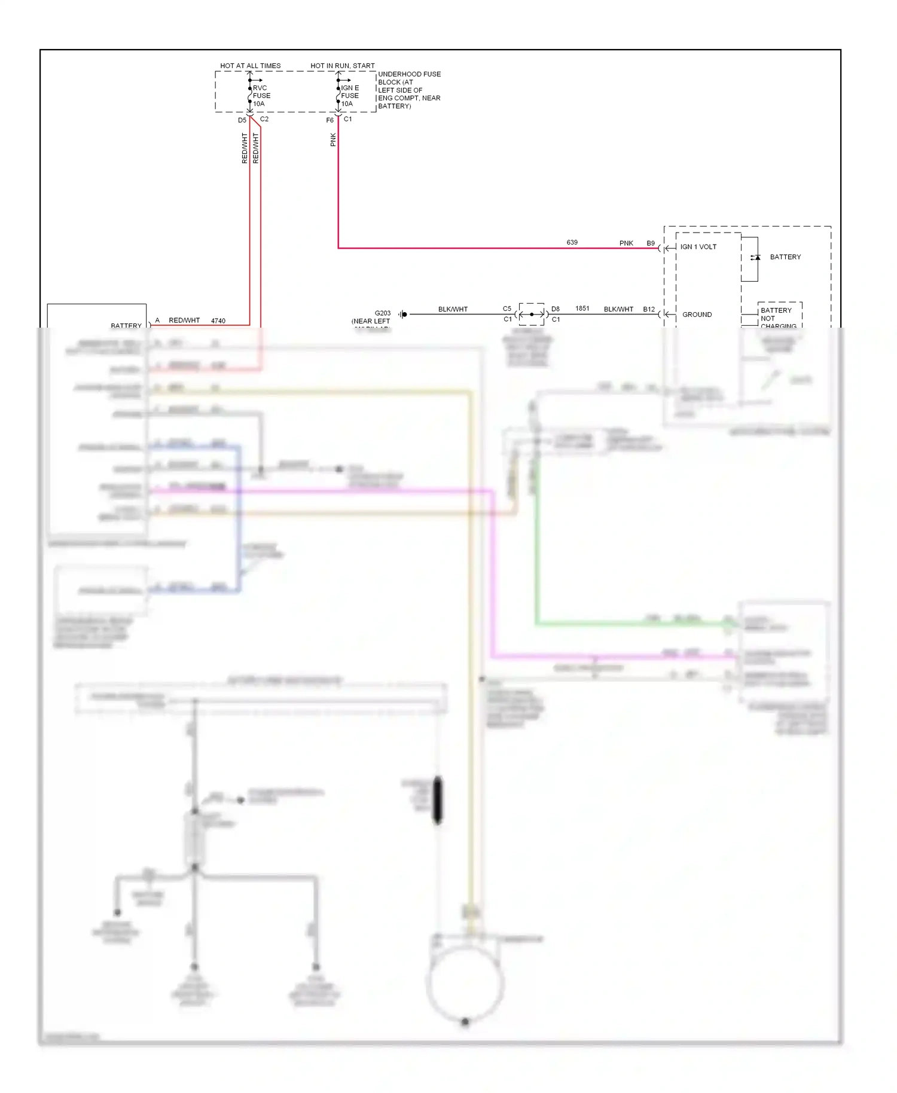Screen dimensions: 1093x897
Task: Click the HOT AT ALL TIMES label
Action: click(x=250, y=66)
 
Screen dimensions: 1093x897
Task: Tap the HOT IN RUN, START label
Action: click(x=343, y=66)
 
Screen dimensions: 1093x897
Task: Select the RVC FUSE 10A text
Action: click(x=261, y=96)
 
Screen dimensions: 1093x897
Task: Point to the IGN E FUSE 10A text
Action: click(x=350, y=96)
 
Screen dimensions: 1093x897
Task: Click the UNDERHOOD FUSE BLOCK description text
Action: click(x=409, y=90)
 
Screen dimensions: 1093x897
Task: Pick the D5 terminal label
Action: click(x=242, y=120)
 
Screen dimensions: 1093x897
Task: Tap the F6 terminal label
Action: click(x=329, y=120)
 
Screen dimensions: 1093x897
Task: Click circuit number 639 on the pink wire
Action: click(x=572, y=242)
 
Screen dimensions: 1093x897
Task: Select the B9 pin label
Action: click(x=651, y=243)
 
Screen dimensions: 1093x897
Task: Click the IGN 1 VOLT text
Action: click(x=698, y=247)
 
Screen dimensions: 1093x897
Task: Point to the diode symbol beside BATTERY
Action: click(x=756, y=258)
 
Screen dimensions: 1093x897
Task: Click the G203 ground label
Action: click(x=383, y=313)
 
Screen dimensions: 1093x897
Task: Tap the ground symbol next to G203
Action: click(x=404, y=314)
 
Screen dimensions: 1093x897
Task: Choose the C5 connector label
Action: click(x=507, y=309)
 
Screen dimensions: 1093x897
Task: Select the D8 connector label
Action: click(x=556, y=309)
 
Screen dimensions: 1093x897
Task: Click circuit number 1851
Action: click(x=582, y=309)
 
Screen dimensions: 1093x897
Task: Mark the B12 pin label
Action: click(x=649, y=309)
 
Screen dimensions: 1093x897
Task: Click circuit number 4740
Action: click(x=218, y=321)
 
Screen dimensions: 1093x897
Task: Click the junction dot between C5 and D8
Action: click(x=532, y=314)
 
